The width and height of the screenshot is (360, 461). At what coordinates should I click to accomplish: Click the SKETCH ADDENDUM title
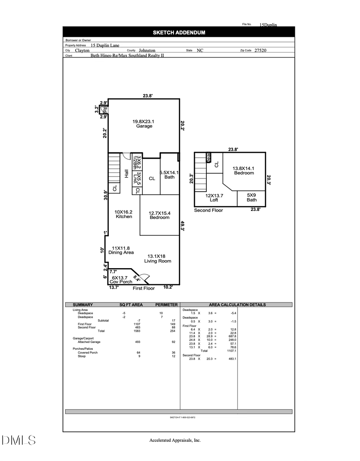(179, 32)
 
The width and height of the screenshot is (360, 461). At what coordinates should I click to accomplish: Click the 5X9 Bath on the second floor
(252, 197)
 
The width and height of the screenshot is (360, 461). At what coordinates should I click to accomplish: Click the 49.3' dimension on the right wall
(182, 226)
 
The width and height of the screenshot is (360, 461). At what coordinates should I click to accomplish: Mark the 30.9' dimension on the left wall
(105, 195)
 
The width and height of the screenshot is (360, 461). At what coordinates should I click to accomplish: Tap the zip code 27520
(260, 51)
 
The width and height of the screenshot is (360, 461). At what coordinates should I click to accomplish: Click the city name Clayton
(82, 51)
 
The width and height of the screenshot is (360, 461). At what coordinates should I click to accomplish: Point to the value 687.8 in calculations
(232, 337)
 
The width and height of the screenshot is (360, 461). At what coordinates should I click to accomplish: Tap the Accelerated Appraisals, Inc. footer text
(175, 440)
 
